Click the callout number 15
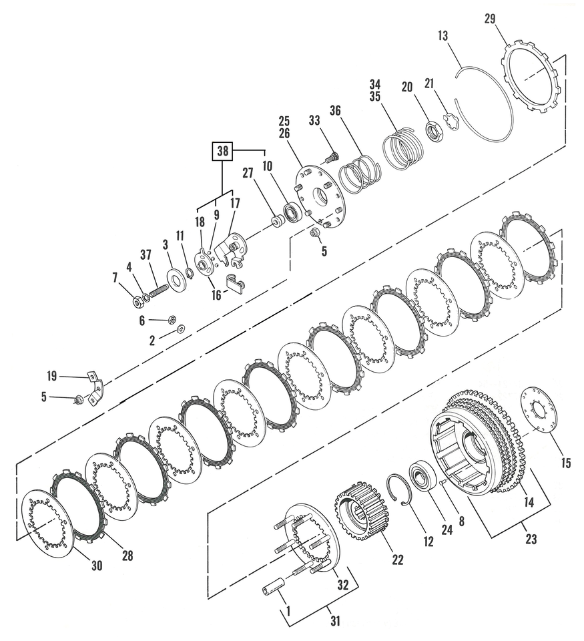point(565,463)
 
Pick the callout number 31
point(335,620)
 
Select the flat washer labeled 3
point(177,279)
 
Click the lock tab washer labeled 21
point(452,123)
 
